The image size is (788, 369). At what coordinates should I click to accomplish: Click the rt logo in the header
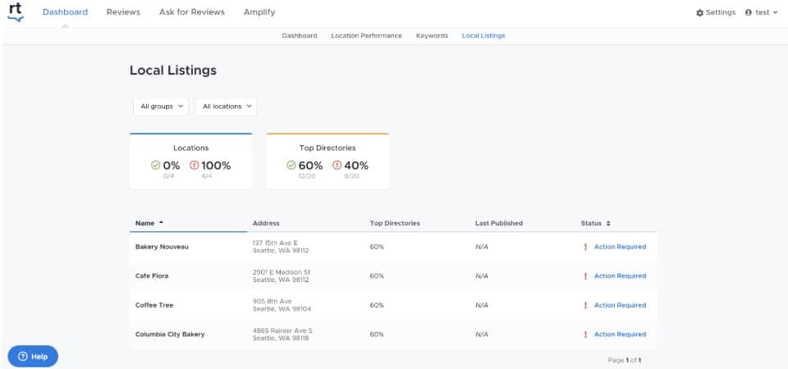point(16,12)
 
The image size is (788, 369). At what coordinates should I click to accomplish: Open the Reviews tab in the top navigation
point(123,12)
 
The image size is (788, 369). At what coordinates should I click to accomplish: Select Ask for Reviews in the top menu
point(192,12)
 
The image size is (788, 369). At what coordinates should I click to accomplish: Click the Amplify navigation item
point(259,12)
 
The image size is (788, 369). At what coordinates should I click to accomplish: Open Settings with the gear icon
point(715,12)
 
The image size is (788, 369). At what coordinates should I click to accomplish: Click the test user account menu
point(761,12)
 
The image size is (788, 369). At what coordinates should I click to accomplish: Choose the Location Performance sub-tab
point(366,36)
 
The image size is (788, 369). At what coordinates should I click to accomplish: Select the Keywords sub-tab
point(432,36)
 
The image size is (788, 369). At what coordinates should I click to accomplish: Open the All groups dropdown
point(161,107)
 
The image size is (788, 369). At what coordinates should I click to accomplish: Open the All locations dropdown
point(226,107)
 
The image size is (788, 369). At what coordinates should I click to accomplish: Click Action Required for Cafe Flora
point(620,276)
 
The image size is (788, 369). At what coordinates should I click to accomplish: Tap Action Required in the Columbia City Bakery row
point(620,335)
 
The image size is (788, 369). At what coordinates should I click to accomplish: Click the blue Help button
point(33,357)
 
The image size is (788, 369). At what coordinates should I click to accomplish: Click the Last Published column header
point(498,223)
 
